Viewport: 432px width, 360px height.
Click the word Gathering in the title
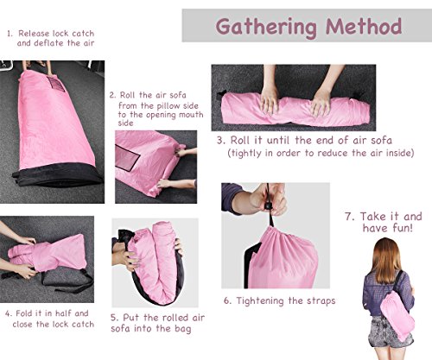(266, 28)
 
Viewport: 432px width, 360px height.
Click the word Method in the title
(364, 27)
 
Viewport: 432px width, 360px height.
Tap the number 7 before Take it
(348, 217)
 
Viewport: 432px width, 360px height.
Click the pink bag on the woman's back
(397, 315)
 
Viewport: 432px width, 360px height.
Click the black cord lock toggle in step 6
(269, 206)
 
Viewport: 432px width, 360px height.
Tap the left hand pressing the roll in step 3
(270, 101)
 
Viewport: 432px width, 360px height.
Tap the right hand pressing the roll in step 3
(321, 102)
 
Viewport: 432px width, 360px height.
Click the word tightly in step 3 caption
(246, 153)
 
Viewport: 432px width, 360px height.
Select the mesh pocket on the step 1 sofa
(56, 84)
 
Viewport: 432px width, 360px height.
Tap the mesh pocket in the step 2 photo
(127, 158)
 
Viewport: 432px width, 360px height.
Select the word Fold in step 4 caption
(23, 313)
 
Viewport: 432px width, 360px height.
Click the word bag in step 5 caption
(182, 329)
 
